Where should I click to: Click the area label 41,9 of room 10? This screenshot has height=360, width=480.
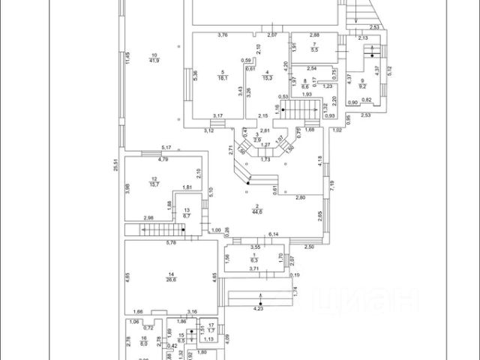(154, 61)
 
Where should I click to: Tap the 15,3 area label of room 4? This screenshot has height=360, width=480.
(266, 77)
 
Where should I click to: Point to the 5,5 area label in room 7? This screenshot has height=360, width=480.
(315, 49)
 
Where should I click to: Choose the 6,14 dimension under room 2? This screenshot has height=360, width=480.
(274, 235)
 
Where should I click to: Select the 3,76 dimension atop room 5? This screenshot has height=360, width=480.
(222, 35)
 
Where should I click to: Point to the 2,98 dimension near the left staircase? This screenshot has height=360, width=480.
(148, 218)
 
